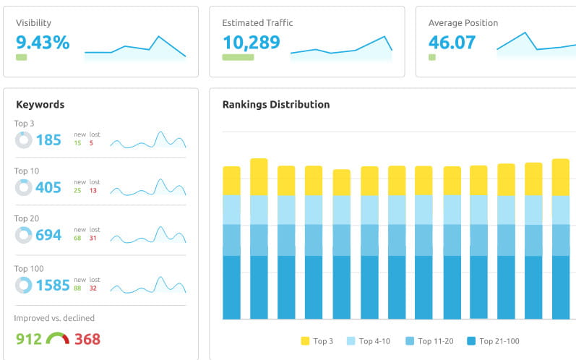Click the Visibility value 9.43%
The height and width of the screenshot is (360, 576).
(x=43, y=43)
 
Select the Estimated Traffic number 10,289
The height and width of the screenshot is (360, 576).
(x=251, y=43)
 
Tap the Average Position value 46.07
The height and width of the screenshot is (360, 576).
(x=452, y=43)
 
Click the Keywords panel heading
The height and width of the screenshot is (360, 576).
(x=40, y=105)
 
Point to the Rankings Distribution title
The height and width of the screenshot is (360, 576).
(x=275, y=105)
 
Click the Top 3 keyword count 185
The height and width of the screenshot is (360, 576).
(x=48, y=140)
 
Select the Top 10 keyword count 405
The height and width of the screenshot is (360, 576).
(x=48, y=188)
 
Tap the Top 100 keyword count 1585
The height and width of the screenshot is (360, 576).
(x=53, y=286)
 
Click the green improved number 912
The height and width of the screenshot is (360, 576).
(x=29, y=339)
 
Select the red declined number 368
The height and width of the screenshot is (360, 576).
(x=87, y=339)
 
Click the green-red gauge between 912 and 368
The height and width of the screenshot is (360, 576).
(x=58, y=338)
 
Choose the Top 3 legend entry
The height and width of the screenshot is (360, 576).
(x=317, y=341)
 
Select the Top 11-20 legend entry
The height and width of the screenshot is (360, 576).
(x=429, y=341)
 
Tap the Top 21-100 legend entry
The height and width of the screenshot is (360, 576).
(x=493, y=341)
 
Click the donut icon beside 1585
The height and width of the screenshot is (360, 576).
(x=24, y=286)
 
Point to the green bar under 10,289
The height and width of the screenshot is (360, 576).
(x=238, y=57)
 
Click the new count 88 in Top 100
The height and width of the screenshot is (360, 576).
(x=77, y=288)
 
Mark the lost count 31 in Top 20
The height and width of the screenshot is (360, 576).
(x=93, y=238)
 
